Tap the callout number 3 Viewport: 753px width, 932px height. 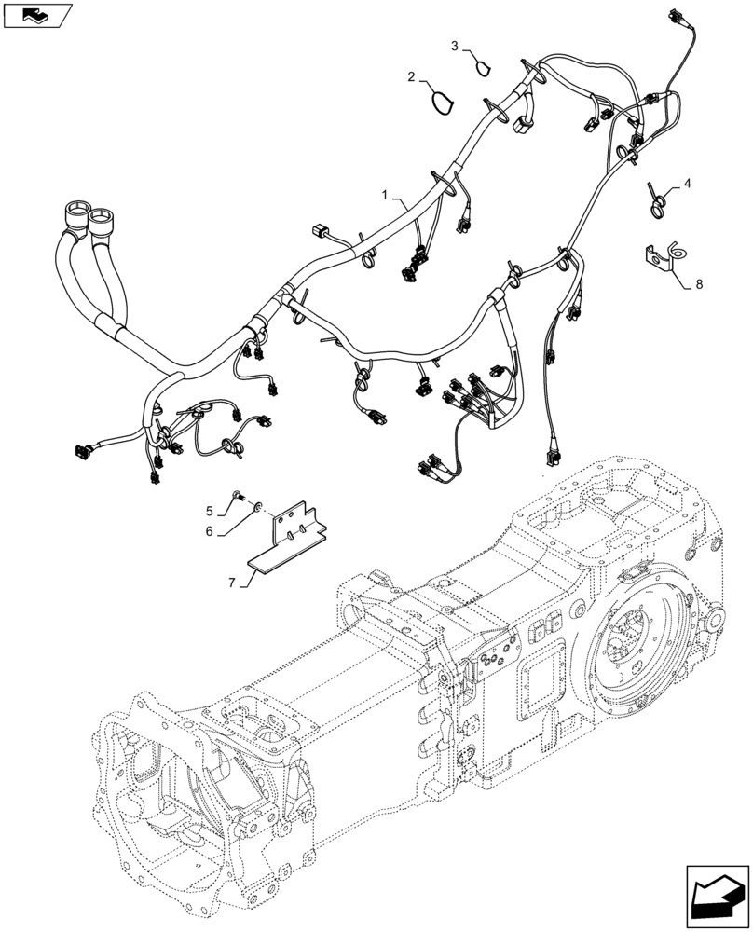pyautogui.click(x=455, y=46)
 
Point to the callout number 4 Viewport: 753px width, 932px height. pyautogui.click(x=687, y=184)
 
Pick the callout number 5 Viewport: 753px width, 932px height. pyautogui.click(x=211, y=510)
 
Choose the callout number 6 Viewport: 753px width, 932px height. pyautogui.click(x=211, y=530)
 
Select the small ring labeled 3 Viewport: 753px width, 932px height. pyautogui.click(x=484, y=64)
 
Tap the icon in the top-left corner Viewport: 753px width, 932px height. pyautogui.click(x=38, y=15)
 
